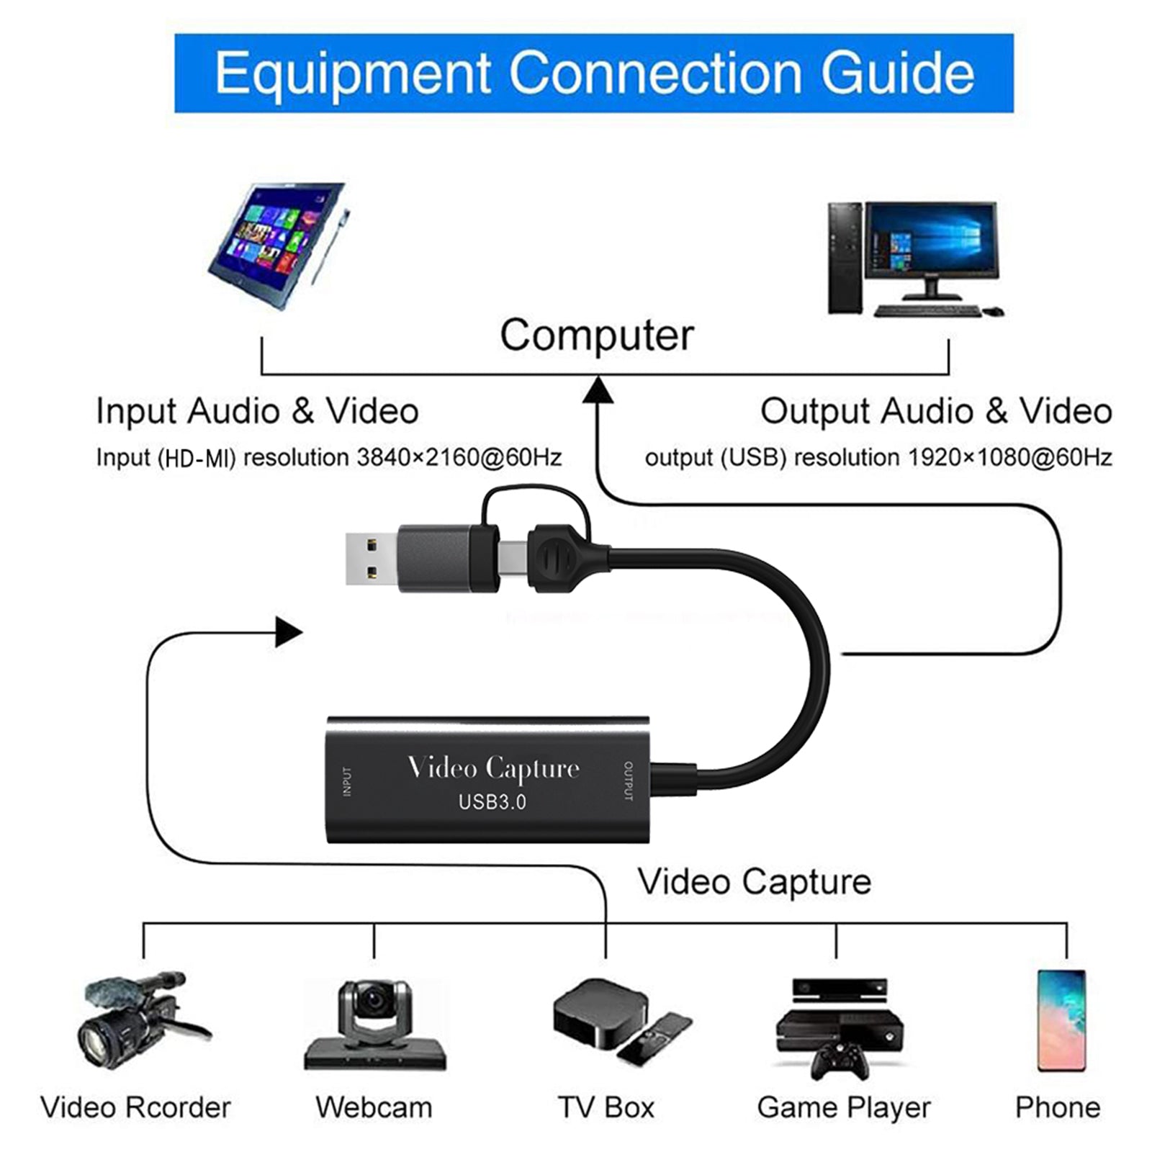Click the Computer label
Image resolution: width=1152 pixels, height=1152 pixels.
pyautogui.click(x=596, y=336)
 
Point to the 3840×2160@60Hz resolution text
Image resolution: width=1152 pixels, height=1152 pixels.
pyautogui.click(x=459, y=458)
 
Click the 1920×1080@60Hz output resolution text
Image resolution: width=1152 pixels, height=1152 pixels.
pyautogui.click(x=1010, y=458)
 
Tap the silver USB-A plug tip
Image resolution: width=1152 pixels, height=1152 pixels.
pyautogui.click(x=370, y=559)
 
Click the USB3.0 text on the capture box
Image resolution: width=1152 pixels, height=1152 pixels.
pyautogui.click(x=492, y=801)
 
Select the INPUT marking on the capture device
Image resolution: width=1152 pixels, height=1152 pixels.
pyautogui.click(x=347, y=781)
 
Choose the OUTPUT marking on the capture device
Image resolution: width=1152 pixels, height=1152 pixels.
pyautogui.click(x=628, y=781)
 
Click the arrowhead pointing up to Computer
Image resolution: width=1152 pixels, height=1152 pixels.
pyautogui.click(x=598, y=391)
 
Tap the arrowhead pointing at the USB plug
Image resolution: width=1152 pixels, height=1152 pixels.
pyautogui.click(x=289, y=633)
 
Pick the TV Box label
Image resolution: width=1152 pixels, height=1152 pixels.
pyautogui.click(x=606, y=1107)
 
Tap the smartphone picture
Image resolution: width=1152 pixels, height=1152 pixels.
pyautogui.click(x=1061, y=1021)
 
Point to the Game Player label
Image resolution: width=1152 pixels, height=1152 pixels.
pyautogui.click(x=843, y=1107)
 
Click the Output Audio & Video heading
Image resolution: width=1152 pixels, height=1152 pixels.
pyautogui.click(x=935, y=411)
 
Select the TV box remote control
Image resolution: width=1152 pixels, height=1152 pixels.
pyautogui.click(x=653, y=1038)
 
